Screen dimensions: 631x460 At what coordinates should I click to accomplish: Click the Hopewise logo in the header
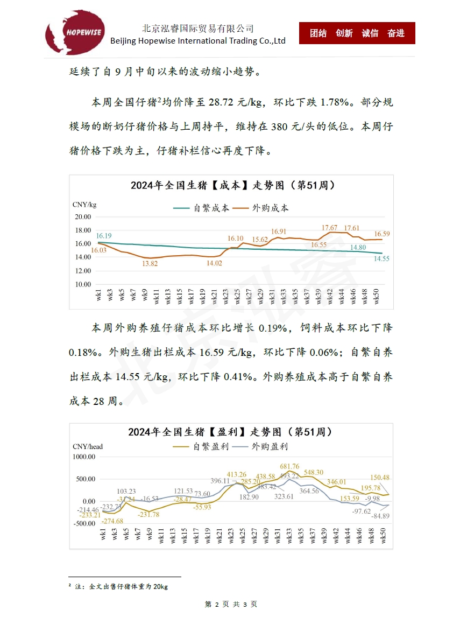click(x=75, y=33)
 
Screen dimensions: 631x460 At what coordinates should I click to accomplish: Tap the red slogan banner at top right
click(x=357, y=33)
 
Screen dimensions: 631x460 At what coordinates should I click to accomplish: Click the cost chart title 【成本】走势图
click(x=232, y=185)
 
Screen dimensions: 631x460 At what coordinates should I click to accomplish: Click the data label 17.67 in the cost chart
click(x=329, y=228)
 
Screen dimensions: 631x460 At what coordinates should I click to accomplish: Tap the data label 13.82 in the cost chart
click(x=150, y=263)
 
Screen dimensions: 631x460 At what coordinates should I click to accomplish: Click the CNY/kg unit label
click(x=84, y=205)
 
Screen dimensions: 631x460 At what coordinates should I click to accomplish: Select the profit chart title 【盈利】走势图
click(x=230, y=432)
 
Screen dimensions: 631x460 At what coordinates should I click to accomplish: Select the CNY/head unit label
click(x=88, y=446)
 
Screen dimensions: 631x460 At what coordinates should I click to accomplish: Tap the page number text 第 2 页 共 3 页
click(x=231, y=605)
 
